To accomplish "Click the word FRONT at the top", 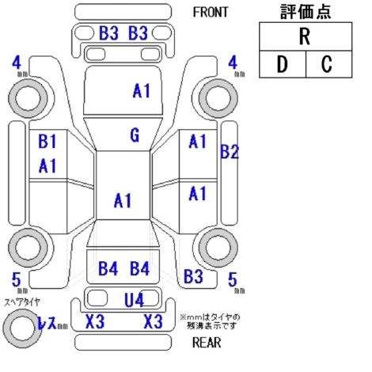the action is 211,12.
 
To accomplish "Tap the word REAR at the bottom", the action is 207,343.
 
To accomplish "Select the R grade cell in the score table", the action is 306,36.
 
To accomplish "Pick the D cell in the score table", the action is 283,64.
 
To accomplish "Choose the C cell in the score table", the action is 328,64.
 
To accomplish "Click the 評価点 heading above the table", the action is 306,12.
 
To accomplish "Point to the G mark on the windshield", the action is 135,135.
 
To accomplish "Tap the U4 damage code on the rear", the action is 134,300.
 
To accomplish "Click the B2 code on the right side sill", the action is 230,152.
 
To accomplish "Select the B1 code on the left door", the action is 47,141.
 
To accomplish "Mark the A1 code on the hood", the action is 142,91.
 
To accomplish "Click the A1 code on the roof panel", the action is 123,200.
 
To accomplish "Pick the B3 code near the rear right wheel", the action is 193,276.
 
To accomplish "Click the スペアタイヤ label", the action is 22,302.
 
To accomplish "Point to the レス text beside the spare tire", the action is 47,322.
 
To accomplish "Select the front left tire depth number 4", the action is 17,63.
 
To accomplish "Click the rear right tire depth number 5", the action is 233,279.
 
